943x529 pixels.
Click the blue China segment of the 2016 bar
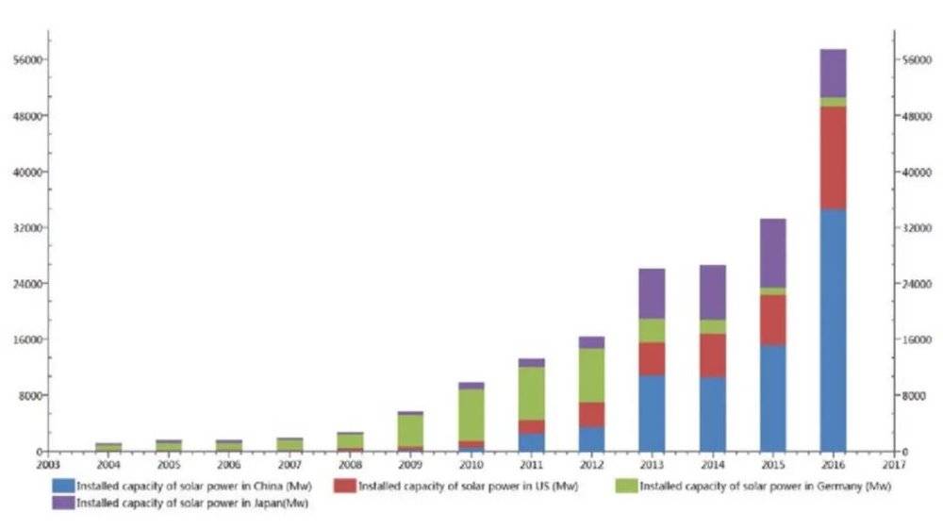[x=833, y=330]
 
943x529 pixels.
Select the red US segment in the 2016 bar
[x=833, y=157]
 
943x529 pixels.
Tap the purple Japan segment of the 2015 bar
[x=772, y=253]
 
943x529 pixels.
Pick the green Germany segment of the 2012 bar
[x=591, y=375]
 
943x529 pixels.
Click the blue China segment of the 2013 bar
[x=652, y=413]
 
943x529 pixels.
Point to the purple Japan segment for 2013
[x=652, y=293]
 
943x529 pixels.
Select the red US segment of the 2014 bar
[x=712, y=355]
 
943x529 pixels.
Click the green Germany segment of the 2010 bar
[x=471, y=415]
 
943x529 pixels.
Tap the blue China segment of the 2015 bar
[x=772, y=398]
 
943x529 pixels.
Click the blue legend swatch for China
[x=63, y=487]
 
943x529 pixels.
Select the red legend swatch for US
[x=345, y=487]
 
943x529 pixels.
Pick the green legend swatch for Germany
[x=626, y=487]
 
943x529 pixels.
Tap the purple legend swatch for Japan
[x=63, y=504]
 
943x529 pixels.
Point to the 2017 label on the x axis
[x=893, y=465]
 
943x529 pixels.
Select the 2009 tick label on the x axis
[x=409, y=465]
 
